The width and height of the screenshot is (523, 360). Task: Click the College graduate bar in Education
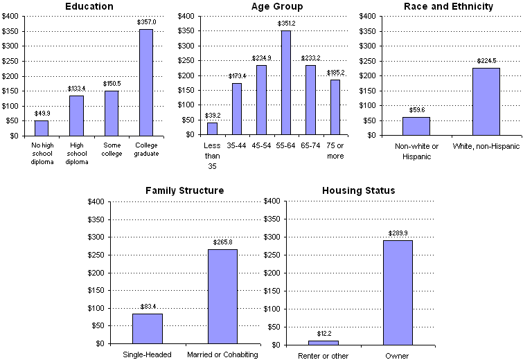145,82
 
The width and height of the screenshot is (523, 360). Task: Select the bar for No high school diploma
42,128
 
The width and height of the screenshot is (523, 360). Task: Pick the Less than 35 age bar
212,129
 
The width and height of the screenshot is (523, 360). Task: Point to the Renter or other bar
323,342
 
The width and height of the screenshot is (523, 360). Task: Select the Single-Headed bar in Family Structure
147,329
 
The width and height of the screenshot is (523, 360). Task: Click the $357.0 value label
145,22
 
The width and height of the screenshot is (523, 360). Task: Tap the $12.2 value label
323,334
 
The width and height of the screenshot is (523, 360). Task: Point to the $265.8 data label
222,242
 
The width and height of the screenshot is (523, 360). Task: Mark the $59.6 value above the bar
416,109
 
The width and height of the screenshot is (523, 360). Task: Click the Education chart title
89,6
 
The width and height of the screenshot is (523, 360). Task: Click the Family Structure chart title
184,190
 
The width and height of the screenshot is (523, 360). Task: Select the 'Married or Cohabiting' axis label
222,354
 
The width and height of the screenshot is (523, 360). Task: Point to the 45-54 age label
262,145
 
